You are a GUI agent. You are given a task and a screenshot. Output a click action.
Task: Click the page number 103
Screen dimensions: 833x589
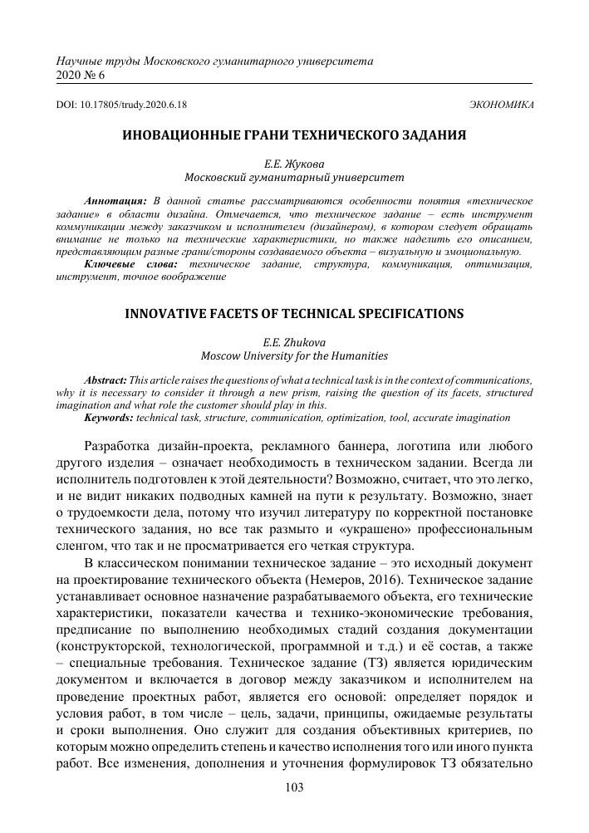click(294, 788)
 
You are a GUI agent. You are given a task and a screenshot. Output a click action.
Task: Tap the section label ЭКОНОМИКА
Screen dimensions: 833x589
click(502, 105)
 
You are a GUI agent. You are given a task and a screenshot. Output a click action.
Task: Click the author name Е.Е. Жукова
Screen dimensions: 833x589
click(294, 164)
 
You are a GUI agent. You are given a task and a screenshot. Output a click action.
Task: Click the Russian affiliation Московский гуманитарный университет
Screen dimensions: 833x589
click(294, 178)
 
